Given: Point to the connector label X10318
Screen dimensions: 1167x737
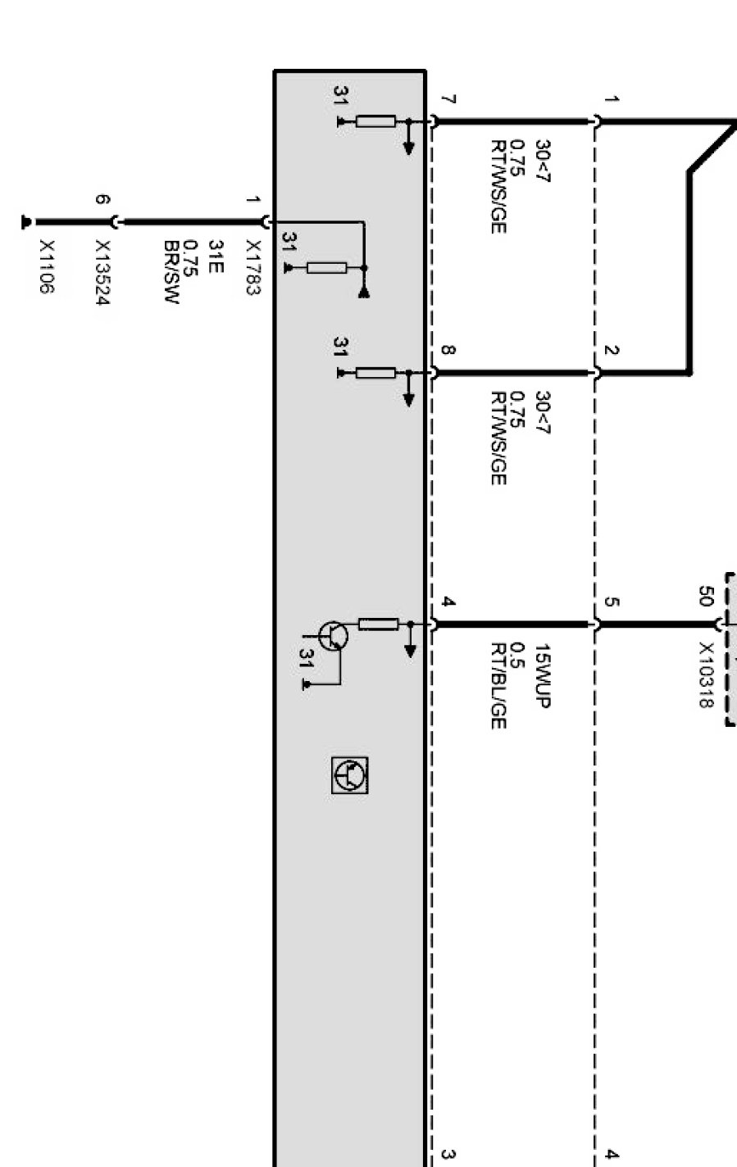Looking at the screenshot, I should pos(707,674).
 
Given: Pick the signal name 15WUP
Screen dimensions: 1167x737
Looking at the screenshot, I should pos(544,675).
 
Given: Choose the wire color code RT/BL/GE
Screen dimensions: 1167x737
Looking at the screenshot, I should pos(498,686).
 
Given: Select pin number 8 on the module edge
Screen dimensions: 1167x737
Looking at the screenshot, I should pos(448,351).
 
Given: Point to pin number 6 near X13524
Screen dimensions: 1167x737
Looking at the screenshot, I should pos(102,199).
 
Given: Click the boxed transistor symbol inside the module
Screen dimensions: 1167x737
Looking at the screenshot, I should pos(350,775).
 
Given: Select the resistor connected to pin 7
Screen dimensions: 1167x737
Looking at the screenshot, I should pos(376,122).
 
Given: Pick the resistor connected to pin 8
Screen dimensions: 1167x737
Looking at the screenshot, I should pos(376,373).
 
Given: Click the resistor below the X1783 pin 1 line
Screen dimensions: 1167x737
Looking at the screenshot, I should pos(327,267).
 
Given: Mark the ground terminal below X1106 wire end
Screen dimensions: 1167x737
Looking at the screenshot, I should pos(25,222).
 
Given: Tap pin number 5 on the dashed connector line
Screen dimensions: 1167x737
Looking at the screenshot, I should pos(612,602).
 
